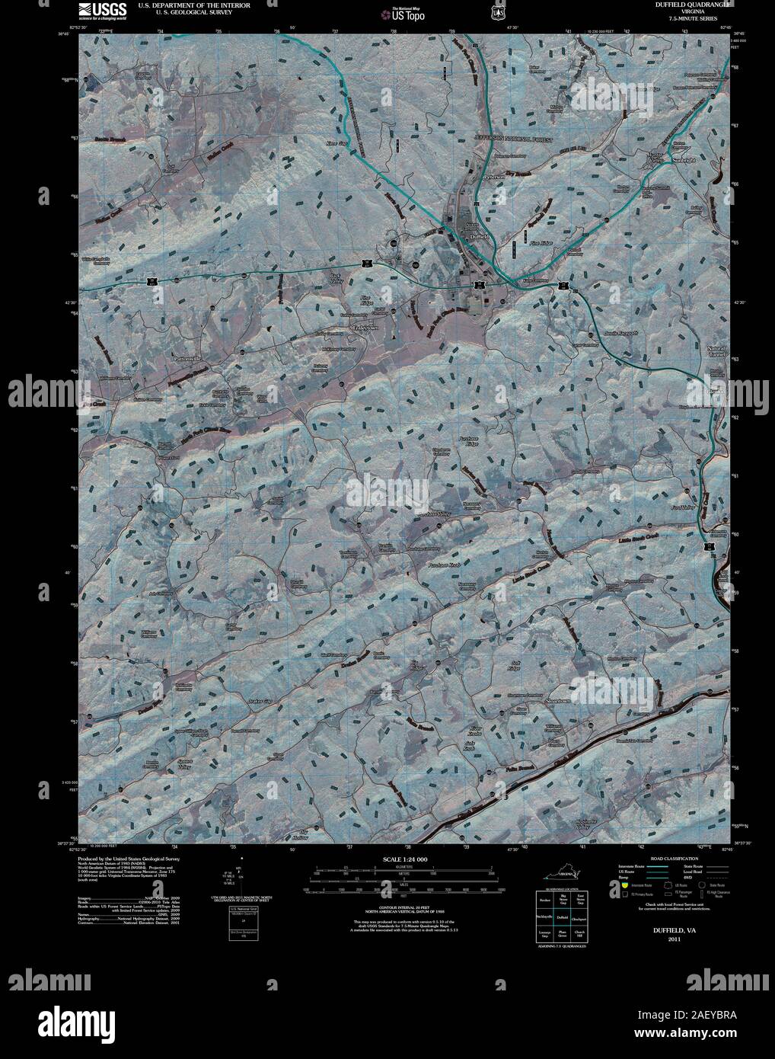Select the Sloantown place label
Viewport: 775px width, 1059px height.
click(x=560, y=699)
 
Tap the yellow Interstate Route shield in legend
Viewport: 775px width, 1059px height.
click(x=624, y=886)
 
